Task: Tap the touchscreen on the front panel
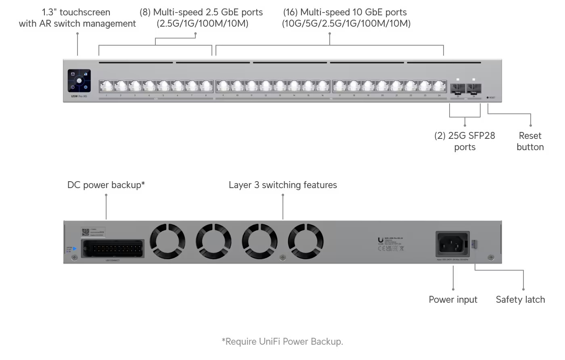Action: point(79,81)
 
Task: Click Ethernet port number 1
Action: point(107,86)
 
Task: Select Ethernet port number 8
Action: point(206,86)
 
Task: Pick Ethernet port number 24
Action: point(439,86)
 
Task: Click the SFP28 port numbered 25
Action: point(458,88)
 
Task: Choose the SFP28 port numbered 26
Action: point(473,88)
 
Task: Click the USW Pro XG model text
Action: point(79,96)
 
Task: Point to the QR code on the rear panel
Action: point(86,232)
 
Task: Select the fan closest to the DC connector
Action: point(167,242)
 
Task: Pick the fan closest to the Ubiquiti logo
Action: point(306,242)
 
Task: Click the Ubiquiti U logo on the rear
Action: point(381,241)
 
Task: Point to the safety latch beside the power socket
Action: point(474,244)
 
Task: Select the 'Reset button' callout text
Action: point(530,141)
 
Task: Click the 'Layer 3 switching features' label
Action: point(282,185)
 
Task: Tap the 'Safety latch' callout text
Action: point(520,299)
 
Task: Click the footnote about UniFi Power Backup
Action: point(282,341)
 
